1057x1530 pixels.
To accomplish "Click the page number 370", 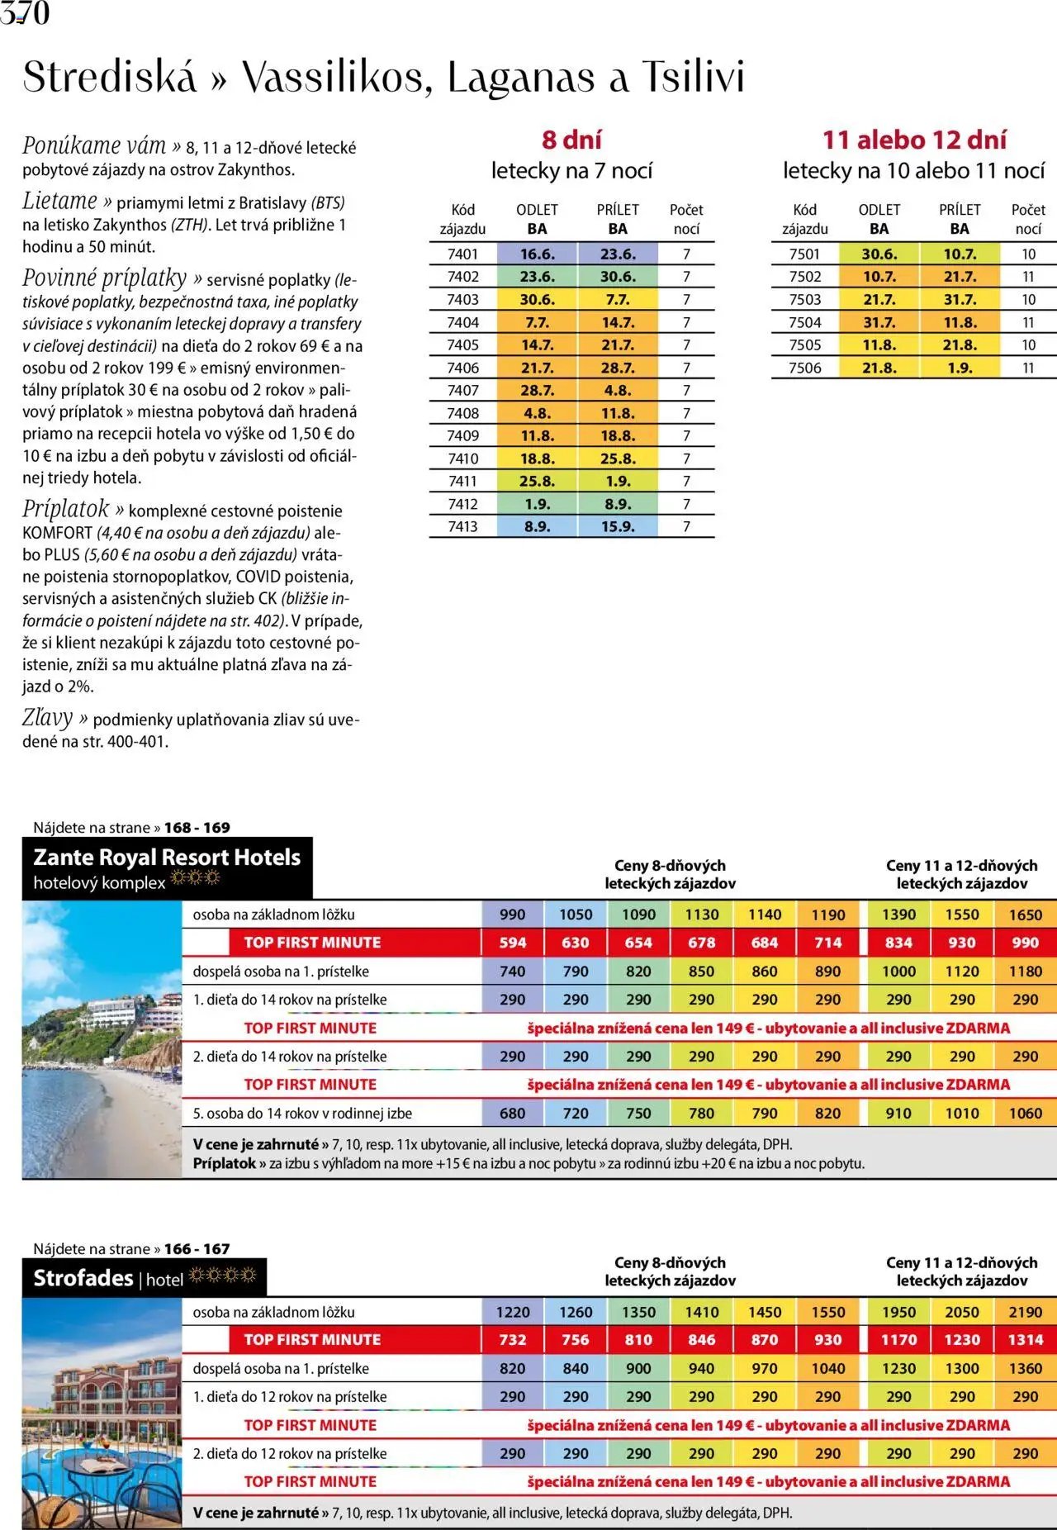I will point(25,12).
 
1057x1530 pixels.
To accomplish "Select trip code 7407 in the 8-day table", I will point(462,390).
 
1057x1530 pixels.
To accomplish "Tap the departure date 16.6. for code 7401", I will point(537,254).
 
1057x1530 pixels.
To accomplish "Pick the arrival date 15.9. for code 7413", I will point(618,526).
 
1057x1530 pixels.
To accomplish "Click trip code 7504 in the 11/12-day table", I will point(804,322).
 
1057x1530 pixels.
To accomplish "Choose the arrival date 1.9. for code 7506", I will point(959,368).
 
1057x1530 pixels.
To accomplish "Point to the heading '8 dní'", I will point(571,140).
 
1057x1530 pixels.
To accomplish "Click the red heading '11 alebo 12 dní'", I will point(914,140).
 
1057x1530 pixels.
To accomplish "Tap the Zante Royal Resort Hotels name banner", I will point(167,867).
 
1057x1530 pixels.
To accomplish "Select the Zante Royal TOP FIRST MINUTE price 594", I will point(512,943).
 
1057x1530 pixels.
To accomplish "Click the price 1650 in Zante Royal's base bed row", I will point(1025,915).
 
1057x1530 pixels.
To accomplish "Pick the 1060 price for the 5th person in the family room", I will point(1025,1113).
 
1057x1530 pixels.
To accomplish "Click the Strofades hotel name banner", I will point(144,1278).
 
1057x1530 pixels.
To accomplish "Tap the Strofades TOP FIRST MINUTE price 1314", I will point(1025,1339).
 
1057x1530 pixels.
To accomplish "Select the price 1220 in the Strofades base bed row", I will point(512,1312).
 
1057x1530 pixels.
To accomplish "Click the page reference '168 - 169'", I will point(197,827).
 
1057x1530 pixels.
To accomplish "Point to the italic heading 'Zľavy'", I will point(47,718).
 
